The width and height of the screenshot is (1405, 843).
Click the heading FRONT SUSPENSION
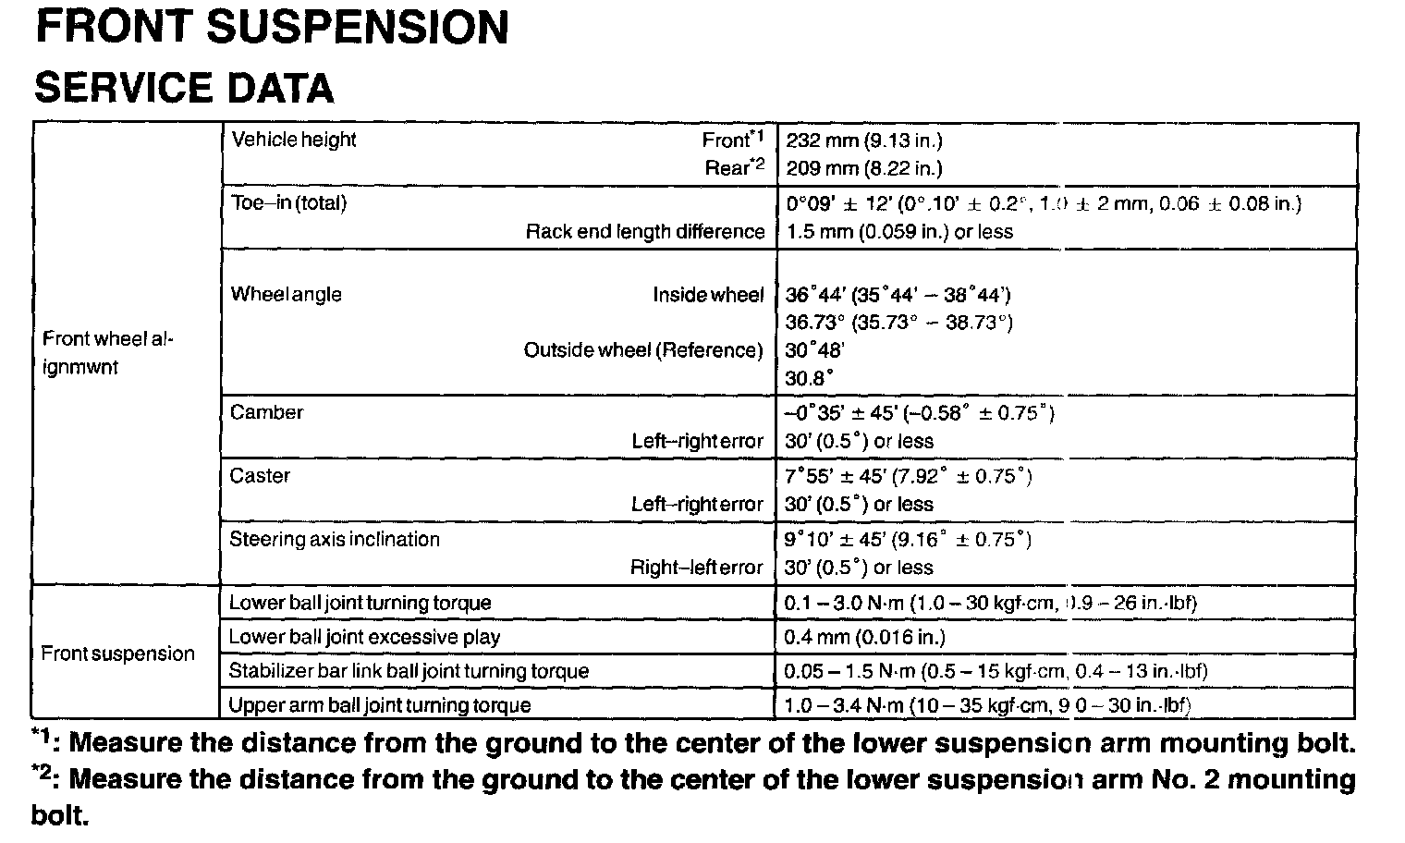click(271, 28)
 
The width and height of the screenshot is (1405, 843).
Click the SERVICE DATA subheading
click(183, 88)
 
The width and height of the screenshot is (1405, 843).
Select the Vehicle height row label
click(293, 140)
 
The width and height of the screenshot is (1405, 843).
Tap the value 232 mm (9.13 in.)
click(863, 140)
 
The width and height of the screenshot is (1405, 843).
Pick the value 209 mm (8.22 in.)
click(863, 168)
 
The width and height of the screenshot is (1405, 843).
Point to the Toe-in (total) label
click(288, 203)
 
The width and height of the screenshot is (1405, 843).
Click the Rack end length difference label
click(644, 231)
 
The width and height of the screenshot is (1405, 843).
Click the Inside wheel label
click(708, 295)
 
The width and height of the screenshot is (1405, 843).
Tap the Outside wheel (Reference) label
click(643, 350)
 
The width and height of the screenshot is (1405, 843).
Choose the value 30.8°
click(809, 378)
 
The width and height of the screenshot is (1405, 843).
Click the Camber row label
click(266, 412)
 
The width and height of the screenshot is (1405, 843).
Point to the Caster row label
click(260, 476)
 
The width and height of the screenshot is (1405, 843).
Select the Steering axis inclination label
click(335, 539)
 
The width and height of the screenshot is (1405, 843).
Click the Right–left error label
click(697, 568)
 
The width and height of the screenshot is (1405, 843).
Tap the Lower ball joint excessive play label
click(364, 637)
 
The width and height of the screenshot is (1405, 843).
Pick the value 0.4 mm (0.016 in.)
click(864, 637)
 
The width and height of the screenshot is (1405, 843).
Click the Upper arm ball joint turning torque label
click(379, 705)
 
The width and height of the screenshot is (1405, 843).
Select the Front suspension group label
click(117, 654)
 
